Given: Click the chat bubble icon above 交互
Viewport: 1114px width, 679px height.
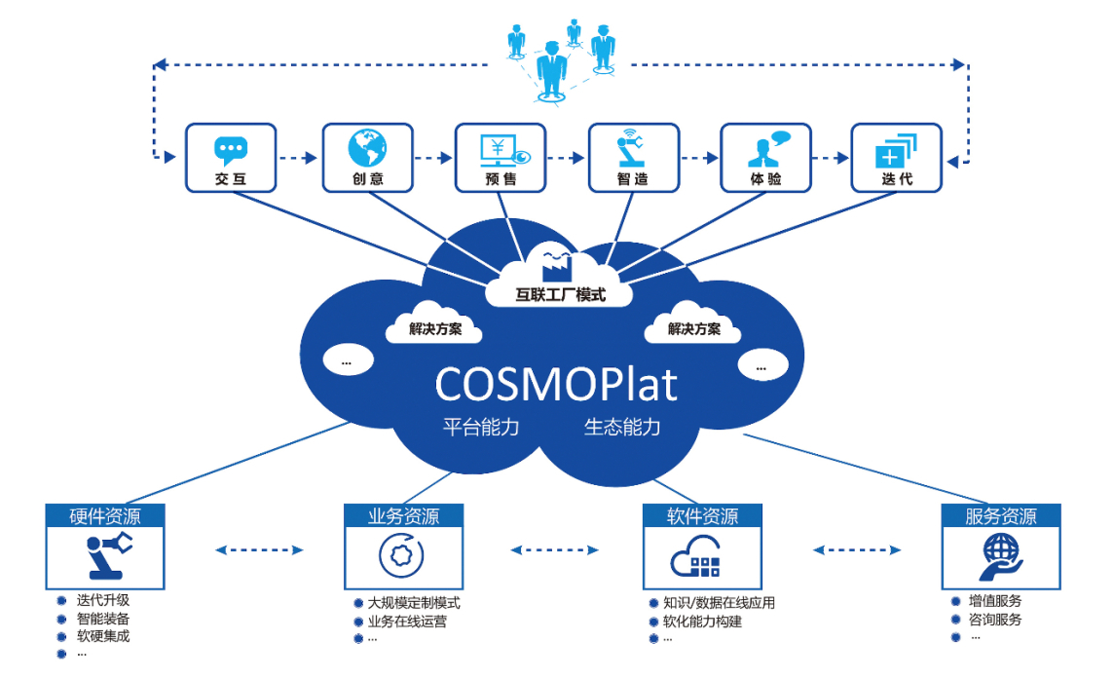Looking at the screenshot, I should (231, 150).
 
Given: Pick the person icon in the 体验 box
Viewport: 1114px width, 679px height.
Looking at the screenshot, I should (765, 150).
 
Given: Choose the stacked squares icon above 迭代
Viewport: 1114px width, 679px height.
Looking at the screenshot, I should (896, 151).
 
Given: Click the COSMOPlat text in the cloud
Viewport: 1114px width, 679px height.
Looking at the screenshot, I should (555, 384).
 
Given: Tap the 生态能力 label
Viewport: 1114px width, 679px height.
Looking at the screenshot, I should (622, 427).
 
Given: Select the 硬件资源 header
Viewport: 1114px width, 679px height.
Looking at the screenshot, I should (105, 516).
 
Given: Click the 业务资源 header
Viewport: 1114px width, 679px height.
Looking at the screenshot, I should (403, 516).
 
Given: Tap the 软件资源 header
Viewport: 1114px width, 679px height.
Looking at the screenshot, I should (702, 516).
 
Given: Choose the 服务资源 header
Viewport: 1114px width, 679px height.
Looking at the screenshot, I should (1001, 516).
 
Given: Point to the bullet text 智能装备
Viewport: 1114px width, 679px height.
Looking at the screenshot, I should (103, 619).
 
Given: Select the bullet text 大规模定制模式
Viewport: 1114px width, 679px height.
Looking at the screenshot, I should (414, 603).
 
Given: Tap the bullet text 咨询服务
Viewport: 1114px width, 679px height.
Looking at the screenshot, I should (995, 620).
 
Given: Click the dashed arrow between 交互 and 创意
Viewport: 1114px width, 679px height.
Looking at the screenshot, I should (298, 158).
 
